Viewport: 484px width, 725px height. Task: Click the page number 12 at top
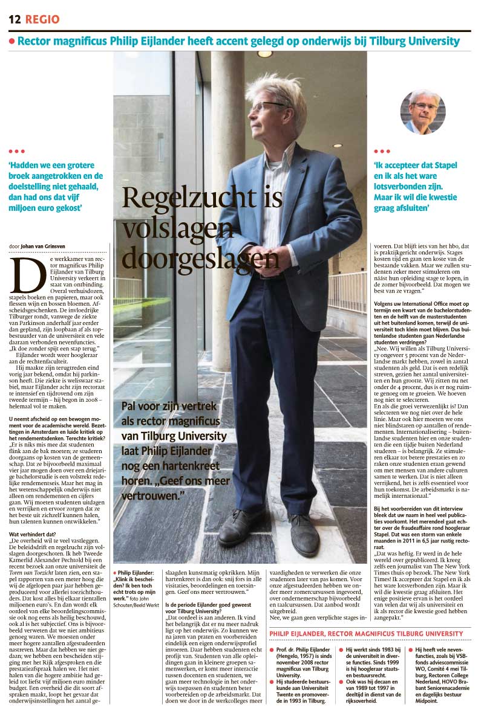coord(14,19)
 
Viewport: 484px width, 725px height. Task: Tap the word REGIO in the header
coord(42,19)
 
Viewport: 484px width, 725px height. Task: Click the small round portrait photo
coord(423,111)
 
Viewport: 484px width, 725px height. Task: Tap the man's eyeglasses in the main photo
coord(269,107)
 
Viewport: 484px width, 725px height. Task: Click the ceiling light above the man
coord(265,54)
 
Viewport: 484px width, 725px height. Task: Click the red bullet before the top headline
coord(11,41)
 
